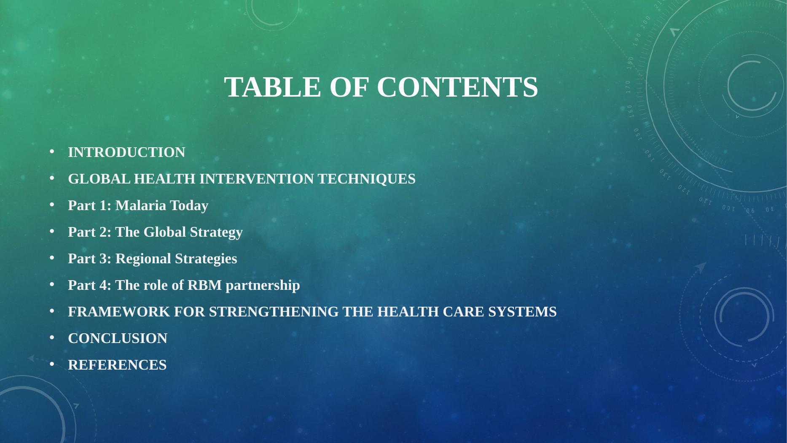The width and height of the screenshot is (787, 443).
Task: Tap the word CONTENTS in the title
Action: pyautogui.click(x=457, y=87)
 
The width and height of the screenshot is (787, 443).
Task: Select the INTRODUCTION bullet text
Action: pyautogui.click(x=126, y=152)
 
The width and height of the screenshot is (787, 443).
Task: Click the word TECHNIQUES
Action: pyautogui.click(x=367, y=179)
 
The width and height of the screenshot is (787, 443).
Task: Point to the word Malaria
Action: pyautogui.click(x=141, y=205)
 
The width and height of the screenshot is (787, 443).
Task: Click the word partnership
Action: pyautogui.click(x=263, y=286)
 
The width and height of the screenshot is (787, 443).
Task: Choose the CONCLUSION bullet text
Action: pyautogui.click(x=118, y=338)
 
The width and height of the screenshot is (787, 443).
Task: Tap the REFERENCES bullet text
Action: pyautogui.click(x=117, y=365)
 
